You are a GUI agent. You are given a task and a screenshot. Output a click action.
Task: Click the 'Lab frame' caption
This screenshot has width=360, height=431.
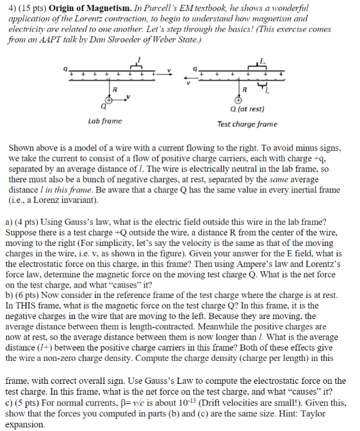tap(105, 121)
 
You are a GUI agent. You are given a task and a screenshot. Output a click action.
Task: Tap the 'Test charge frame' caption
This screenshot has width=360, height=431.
tap(247, 124)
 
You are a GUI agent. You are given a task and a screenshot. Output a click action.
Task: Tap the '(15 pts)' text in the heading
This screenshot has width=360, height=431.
tap(30, 9)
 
